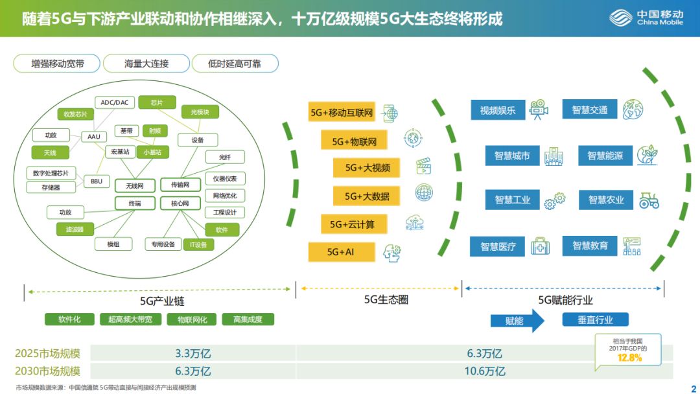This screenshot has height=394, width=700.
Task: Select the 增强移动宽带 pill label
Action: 58,64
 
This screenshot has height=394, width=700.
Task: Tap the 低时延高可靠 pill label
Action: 234,64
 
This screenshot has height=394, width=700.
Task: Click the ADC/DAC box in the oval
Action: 114,102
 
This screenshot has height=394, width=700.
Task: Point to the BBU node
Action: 96,181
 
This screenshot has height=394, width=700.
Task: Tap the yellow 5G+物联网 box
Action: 350,141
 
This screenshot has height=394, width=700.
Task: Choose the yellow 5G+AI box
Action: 341,251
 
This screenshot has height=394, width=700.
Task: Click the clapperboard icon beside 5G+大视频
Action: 423,167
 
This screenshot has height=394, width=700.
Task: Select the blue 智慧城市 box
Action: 512,156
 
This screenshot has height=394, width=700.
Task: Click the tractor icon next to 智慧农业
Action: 649,200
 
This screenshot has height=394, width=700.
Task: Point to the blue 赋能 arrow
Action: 517,320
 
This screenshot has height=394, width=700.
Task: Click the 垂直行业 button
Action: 595,319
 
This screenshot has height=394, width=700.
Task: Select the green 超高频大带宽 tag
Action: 130,319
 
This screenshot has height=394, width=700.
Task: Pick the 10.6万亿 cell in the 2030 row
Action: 484,371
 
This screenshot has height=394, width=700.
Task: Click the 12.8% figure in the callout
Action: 629,358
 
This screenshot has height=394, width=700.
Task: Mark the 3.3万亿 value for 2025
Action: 193,354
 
